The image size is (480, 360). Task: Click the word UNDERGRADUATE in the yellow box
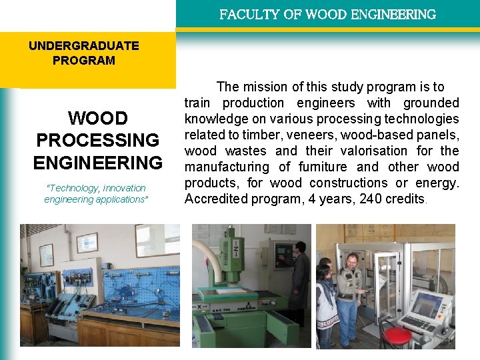(84, 46)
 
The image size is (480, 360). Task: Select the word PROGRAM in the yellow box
(84, 61)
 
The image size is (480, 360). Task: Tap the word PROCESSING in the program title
(98, 141)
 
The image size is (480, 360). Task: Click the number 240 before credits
(371, 199)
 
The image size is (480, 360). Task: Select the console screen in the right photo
(427, 304)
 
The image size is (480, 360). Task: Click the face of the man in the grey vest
(351, 261)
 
